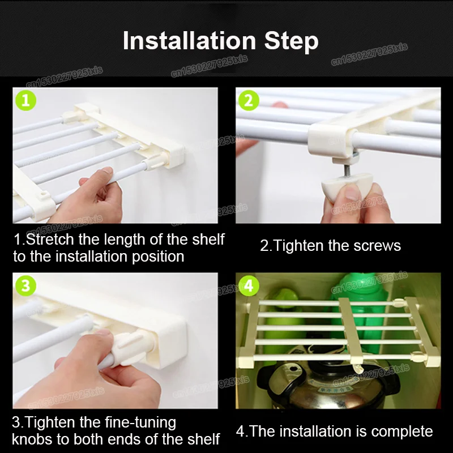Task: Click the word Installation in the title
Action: [190, 40]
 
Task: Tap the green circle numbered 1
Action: [25, 101]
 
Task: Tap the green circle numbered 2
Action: [249, 101]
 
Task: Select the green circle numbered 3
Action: [25, 286]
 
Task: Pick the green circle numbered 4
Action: [249, 286]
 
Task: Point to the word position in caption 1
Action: [158, 257]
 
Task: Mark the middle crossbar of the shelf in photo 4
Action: [351, 330]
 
